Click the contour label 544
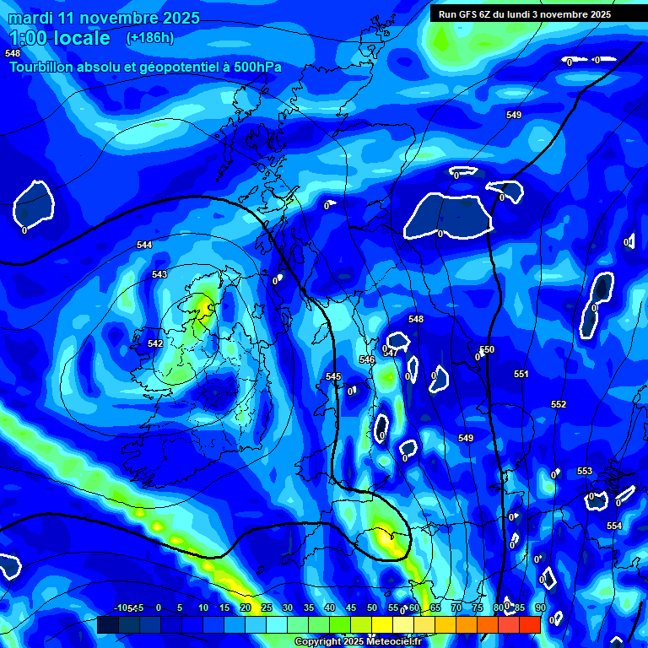coord(145,245)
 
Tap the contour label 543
coord(159,274)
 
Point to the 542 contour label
coord(155,343)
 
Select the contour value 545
coord(333,376)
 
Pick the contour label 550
coord(487,349)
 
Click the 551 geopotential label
coord(521,374)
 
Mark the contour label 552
coord(559,404)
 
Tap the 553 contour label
coord(585,471)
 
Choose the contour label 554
coord(614,526)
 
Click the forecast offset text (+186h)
coord(150,37)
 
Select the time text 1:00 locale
coord(59,38)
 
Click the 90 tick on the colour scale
coord(540,607)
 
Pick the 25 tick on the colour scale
coord(266,607)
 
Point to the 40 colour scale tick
coord(329,607)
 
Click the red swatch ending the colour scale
coord(530,624)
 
